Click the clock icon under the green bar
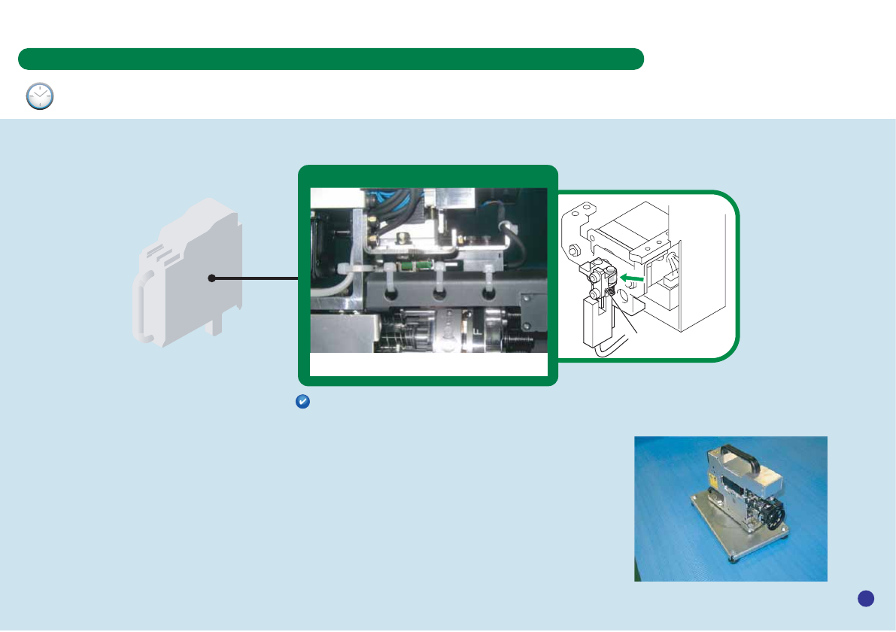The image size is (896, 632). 40,96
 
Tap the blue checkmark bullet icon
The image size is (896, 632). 301,403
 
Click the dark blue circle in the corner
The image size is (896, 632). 865,598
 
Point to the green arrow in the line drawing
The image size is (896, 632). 633,278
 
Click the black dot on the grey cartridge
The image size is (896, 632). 212,278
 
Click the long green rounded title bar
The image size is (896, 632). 331,59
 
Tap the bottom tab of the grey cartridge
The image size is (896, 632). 217,327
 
